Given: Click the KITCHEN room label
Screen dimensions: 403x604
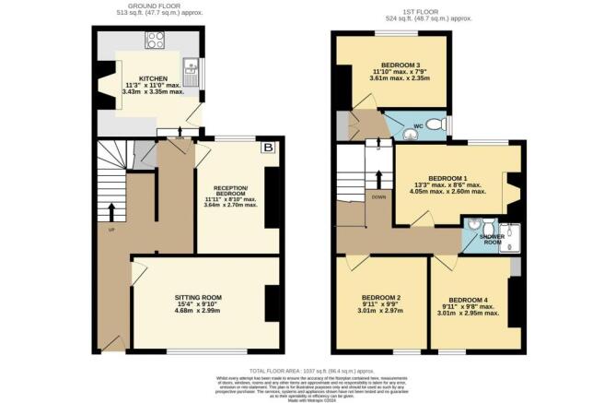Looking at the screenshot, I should point(152,79).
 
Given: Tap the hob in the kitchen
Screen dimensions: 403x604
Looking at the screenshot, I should point(155,40).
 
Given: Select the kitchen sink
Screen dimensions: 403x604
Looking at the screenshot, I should point(193,66).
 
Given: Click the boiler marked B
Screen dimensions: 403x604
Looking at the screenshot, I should point(268,148).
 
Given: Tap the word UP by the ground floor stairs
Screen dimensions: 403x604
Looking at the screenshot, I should point(112,229).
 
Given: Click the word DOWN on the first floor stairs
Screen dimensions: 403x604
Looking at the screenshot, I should point(379,196).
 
